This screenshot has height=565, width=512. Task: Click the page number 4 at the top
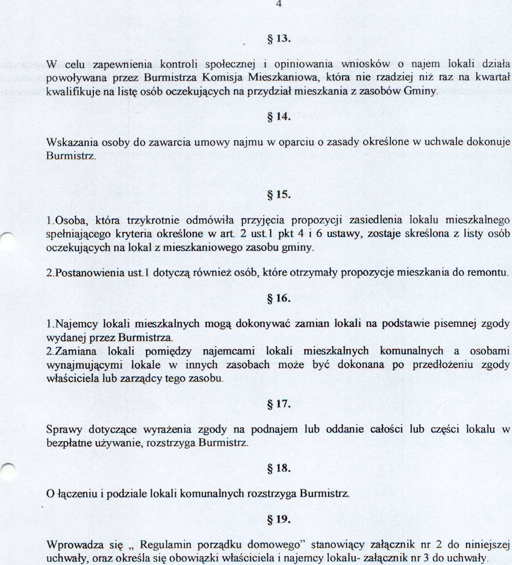pyautogui.click(x=279, y=4)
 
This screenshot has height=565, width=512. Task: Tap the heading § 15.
pyautogui.click(x=279, y=195)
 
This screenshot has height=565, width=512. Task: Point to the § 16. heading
pyautogui.click(x=279, y=298)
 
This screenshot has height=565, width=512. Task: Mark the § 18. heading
pyautogui.click(x=279, y=468)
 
